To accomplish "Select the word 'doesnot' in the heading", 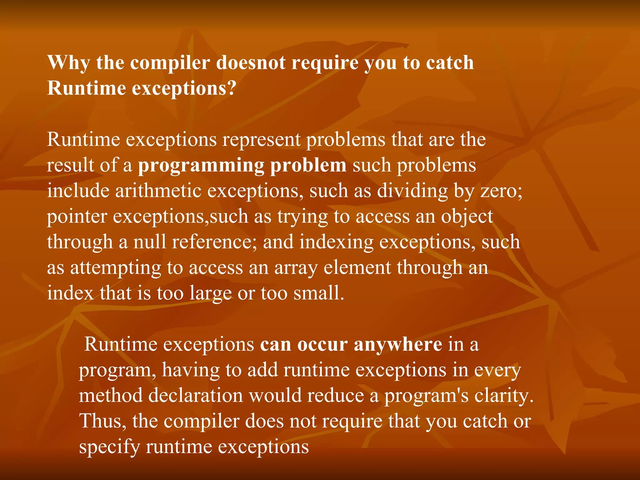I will (251, 63).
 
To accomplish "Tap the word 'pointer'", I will (77, 217).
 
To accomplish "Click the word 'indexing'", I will (336, 242).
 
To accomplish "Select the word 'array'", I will (296, 268).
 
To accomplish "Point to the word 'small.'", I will (318, 293).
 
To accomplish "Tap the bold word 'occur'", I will (322, 344).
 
